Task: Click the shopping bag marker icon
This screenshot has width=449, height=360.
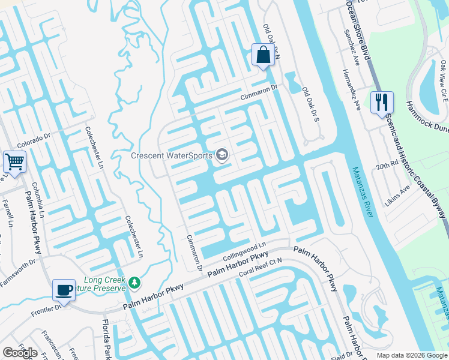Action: tap(262, 55)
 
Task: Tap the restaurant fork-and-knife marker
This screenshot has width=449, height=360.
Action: tap(381, 103)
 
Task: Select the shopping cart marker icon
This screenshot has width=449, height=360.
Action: tap(14, 161)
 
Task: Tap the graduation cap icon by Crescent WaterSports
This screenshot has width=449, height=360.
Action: tap(222, 156)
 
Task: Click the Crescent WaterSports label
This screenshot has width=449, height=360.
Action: tap(172, 156)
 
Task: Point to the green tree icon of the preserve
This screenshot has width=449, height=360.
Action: tap(135, 282)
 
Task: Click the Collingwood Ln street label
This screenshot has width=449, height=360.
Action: tap(244, 251)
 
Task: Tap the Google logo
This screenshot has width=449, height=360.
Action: tap(20, 353)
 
